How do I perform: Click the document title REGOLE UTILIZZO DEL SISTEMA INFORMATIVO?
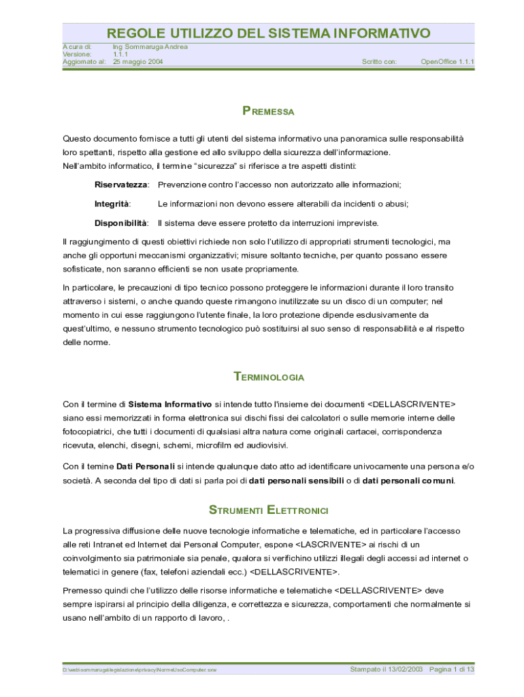click(x=268, y=33)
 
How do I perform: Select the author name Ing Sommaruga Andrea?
click(x=150, y=47)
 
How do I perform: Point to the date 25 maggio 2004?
click(x=137, y=62)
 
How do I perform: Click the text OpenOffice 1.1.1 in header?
click(x=447, y=62)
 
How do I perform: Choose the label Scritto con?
click(x=379, y=62)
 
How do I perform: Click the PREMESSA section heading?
click(x=268, y=112)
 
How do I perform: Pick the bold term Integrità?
click(x=112, y=204)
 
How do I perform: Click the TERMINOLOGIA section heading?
click(x=268, y=377)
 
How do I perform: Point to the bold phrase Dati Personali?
click(x=146, y=466)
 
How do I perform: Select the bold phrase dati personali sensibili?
click(x=296, y=481)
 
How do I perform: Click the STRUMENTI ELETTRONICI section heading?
click(x=268, y=510)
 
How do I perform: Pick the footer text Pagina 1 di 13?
click(x=451, y=670)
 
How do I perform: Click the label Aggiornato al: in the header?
click(x=84, y=62)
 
